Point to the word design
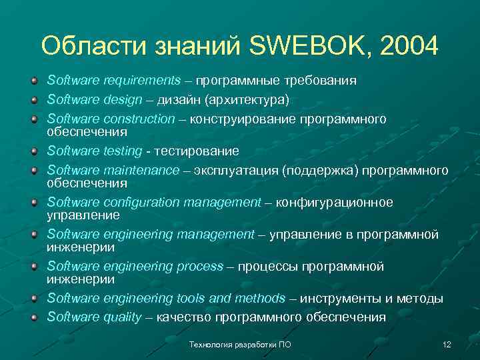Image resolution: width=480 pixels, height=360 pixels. (123, 100)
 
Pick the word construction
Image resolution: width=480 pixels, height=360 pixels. (139, 119)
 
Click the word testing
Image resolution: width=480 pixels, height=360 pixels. (123, 151)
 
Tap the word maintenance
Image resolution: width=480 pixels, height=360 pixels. (141, 171)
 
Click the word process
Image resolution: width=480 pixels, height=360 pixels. (200, 267)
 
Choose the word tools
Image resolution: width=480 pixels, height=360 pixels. (192, 299)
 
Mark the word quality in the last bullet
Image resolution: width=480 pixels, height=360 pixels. (123, 317)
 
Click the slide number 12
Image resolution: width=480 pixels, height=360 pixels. (447, 344)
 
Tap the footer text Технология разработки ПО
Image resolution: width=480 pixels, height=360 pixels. (240, 344)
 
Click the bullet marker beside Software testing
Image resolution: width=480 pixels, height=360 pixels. (33, 151)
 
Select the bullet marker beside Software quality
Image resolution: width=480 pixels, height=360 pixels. (33, 317)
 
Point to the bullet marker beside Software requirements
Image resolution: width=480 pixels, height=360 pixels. (33, 81)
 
